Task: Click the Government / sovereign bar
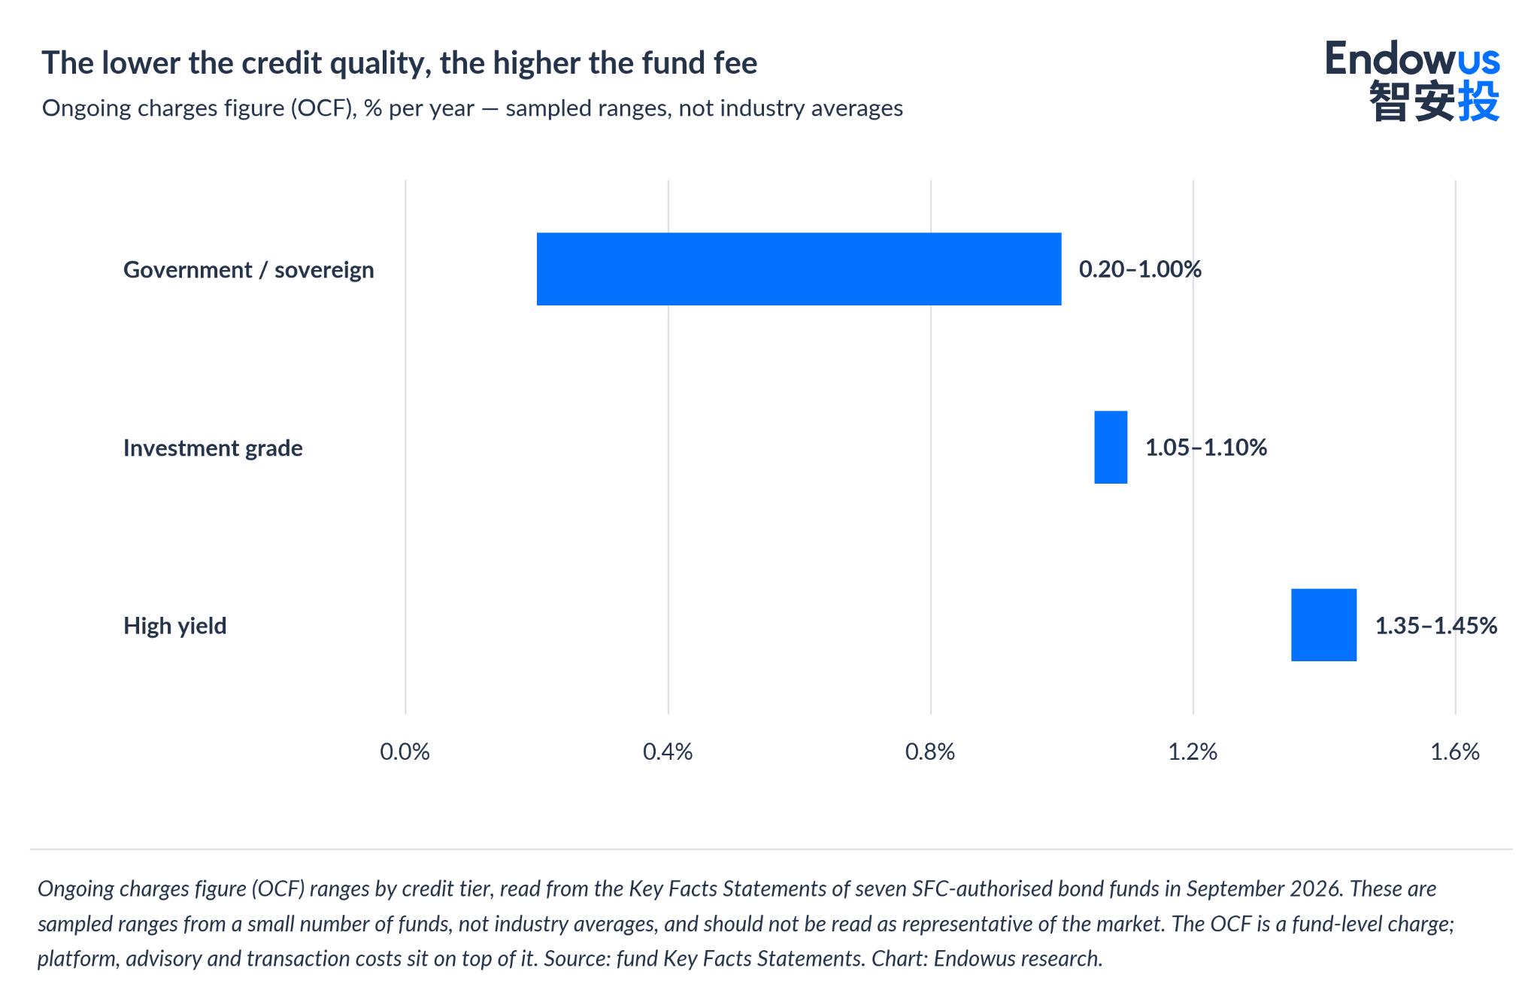coord(799,269)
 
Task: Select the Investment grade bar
coord(1111,447)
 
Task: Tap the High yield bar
coord(1323,624)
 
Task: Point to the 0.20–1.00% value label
coord(1140,269)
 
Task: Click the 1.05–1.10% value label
coord(1206,448)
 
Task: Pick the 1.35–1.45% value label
coord(1436,626)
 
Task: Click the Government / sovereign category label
coord(249,270)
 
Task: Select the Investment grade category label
coord(213,448)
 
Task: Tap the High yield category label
coord(175,626)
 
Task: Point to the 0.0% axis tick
coord(405,751)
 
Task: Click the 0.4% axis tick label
coord(668,751)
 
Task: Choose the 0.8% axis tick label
coord(930,751)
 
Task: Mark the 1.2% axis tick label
coord(1193,751)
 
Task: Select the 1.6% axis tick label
coord(1455,751)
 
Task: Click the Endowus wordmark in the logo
coord(1412,58)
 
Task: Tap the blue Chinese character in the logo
coord(1479,100)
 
